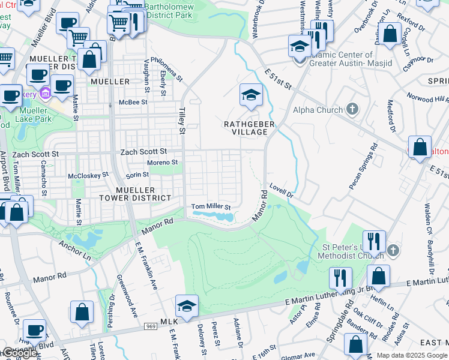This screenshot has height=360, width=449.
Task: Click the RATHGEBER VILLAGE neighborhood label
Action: coord(249,128)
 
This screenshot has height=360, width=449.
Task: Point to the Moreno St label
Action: coord(163,162)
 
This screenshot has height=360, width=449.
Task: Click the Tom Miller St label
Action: coord(211,206)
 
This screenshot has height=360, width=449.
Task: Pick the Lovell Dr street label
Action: coord(281,190)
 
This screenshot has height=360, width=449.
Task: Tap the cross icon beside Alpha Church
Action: coord(352,109)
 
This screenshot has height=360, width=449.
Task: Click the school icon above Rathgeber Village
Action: coord(251,94)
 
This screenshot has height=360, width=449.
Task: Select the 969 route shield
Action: coord(150,326)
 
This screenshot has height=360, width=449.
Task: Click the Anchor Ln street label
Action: coord(74,250)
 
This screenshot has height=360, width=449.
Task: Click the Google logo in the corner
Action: coord(20,353)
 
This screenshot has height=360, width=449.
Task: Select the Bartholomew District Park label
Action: coord(179,8)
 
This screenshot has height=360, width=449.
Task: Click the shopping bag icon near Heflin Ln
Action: coord(379,276)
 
